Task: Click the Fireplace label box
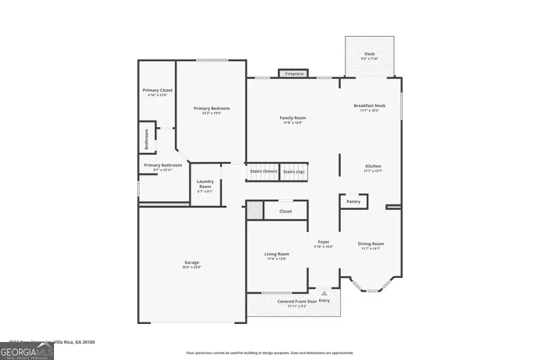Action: pos(293,73)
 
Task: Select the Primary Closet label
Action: pos(157,91)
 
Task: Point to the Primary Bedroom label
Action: pos(211,109)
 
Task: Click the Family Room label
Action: pos(293,118)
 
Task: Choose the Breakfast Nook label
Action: pos(369,106)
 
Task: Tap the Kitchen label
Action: pos(373,166)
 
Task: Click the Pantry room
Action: pos(353,202)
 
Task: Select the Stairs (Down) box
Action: pos(263,172)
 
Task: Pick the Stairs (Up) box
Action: pos(293,172)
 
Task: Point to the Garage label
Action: pos(191,262)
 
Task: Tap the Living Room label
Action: pos(277,254)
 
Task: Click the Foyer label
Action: pos(324,242)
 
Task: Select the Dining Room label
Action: pos(370,244)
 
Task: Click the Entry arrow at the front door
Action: pos(324,293)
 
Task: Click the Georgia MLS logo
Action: pos(26,350)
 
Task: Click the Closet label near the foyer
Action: pos(286,211)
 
